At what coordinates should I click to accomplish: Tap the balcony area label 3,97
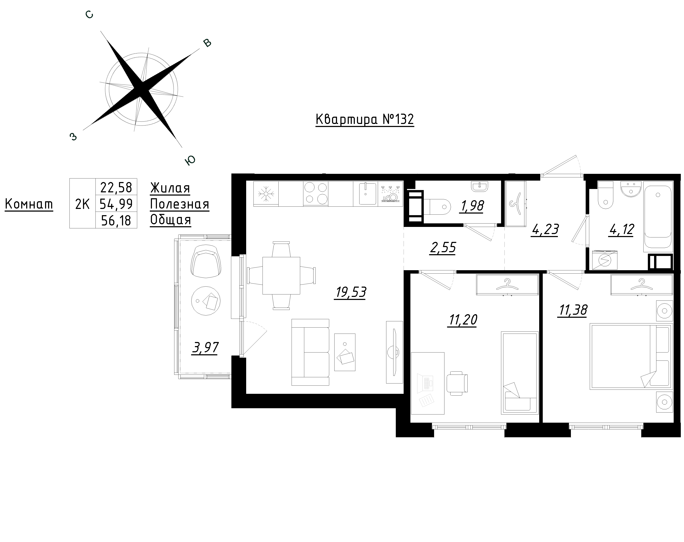[x=205, y=348]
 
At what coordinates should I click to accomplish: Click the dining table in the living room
[x=281, y=275]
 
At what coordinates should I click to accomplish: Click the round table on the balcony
[x=206, y=301]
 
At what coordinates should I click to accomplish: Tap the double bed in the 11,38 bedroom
[x=631, y=356]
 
